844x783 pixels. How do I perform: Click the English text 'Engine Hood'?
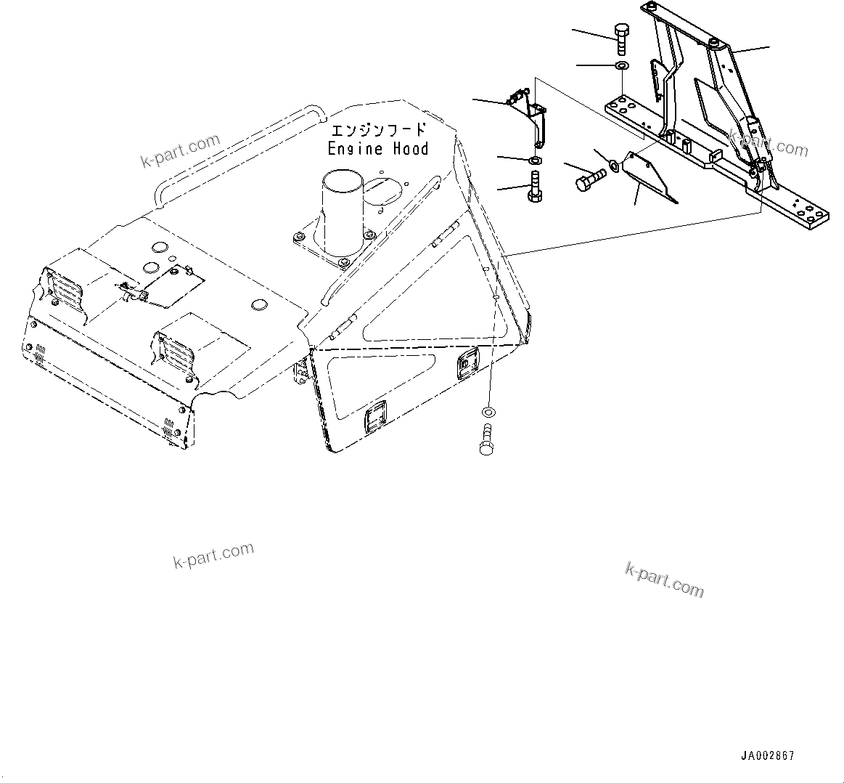point(377,149)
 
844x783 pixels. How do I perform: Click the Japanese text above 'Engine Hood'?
point(377,131)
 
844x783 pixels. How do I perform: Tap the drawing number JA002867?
point(767,756)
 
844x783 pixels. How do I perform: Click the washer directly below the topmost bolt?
point(622,67)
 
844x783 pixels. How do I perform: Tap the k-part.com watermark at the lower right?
point(664,579)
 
